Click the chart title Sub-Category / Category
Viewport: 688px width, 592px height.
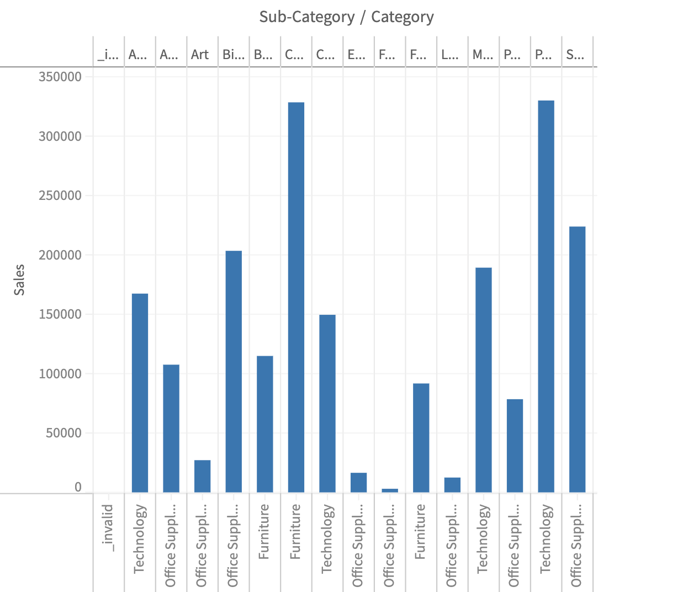[x=346, y=17]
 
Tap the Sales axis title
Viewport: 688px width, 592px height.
[x=19, y=280]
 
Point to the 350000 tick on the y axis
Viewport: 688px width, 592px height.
[x=60, y=77]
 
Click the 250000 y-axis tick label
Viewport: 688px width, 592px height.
[x=60, y=195]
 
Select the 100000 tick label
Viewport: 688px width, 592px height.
[x=60, y=374]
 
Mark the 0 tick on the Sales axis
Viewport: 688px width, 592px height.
[x=78, y=487]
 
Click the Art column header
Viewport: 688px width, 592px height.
[x=200, y=55]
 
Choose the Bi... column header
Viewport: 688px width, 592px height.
[x=233, y=55]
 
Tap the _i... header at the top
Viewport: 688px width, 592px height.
[x=108, y=55]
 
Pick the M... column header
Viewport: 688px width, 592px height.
[x=483, y=55]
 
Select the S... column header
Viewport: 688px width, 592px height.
[x=575, y=55]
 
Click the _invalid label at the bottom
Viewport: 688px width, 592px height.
[x=108, y=527]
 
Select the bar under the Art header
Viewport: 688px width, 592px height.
[x=202, y=476]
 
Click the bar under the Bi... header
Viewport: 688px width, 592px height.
[x=234, y=371]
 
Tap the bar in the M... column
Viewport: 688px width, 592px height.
[x=484, y=380]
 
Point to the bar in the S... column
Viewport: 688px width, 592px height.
[x=577, y=359]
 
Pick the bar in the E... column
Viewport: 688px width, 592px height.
[x=358, y=483]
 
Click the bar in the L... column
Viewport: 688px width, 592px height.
[x=452, y=485]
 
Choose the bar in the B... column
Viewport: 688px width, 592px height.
[x=265, y=424]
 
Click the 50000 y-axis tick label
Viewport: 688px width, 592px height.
[x=63, y=433]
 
